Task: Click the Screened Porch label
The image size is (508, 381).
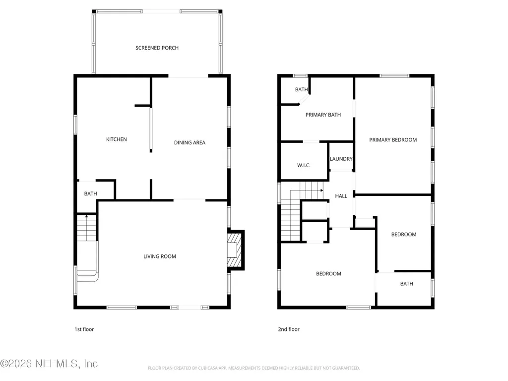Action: tap(157, 48)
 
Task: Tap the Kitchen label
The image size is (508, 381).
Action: tap(116, 139)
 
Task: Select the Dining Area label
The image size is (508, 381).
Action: tap(190, 142)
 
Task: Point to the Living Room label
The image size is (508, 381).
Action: tap(160, 256)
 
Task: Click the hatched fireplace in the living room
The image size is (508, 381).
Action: tap(234, 250)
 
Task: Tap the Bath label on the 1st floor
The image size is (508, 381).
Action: tap(90, 194)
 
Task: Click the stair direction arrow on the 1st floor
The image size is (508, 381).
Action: tap(86, 216)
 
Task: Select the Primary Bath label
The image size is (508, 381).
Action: tap(323, 115)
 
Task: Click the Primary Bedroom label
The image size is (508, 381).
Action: tap(393, 140)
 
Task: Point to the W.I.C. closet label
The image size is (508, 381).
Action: tap(304, 165)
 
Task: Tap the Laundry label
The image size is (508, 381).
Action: tap(341, 159)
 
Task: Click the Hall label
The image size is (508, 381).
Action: tap(341, 196)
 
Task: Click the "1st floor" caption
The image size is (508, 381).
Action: tap(84, 329)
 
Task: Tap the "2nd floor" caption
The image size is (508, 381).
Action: tap(289, 329)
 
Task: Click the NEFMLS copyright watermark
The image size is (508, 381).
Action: tap(49, 364)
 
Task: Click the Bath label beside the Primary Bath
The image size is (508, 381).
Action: tap(301, 89)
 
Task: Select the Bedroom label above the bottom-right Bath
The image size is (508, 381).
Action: tap(404, 234)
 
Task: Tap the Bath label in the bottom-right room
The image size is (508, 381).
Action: tap(407, 284)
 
